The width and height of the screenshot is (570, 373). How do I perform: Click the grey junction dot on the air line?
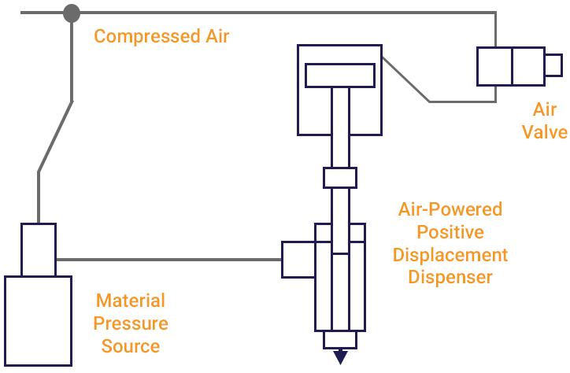(x=72, y=13)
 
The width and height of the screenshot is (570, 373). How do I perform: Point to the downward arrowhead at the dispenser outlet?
(x=340, y=357)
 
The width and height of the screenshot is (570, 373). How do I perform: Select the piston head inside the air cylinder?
(x=340, y=75)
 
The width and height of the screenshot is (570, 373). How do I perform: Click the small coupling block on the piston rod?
(x=340, y=178)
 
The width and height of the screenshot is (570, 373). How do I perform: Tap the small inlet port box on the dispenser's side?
(x=298, y=259)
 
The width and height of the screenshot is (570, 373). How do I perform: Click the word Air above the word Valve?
(x=545, y=109)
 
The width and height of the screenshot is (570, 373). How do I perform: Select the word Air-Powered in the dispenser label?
(x=450, y=210)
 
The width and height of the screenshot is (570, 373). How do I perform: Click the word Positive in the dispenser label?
(x=450, y=233)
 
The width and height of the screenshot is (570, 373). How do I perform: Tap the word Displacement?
(x=450, y=256)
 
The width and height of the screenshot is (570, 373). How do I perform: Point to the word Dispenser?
(x=450, y=278)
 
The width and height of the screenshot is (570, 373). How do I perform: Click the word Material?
(x=131, y=301)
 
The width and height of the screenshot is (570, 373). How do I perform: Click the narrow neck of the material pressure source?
(x=39, y=249)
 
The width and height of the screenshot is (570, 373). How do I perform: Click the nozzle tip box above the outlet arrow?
(x=340, y=340)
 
